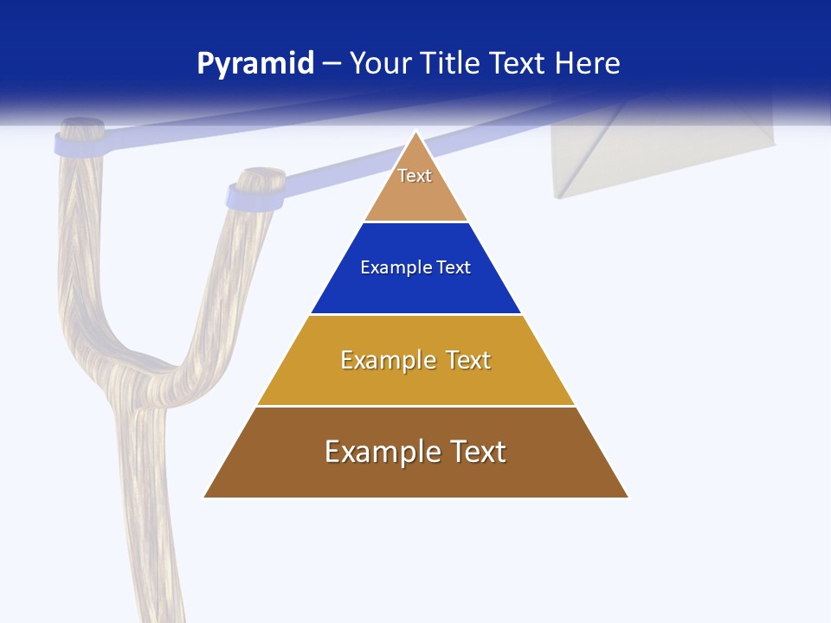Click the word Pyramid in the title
coord(255,64)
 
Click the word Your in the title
coord(380,64)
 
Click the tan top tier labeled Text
coord(415,186)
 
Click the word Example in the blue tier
coord(389,267)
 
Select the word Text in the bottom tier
coord(473,452)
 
